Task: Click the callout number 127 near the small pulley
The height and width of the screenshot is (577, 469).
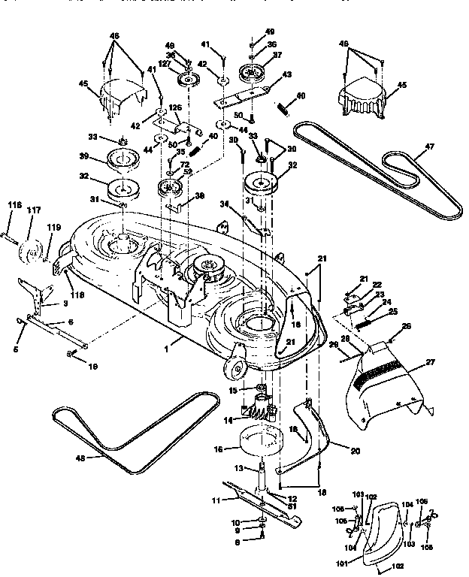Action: click(162, 65)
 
